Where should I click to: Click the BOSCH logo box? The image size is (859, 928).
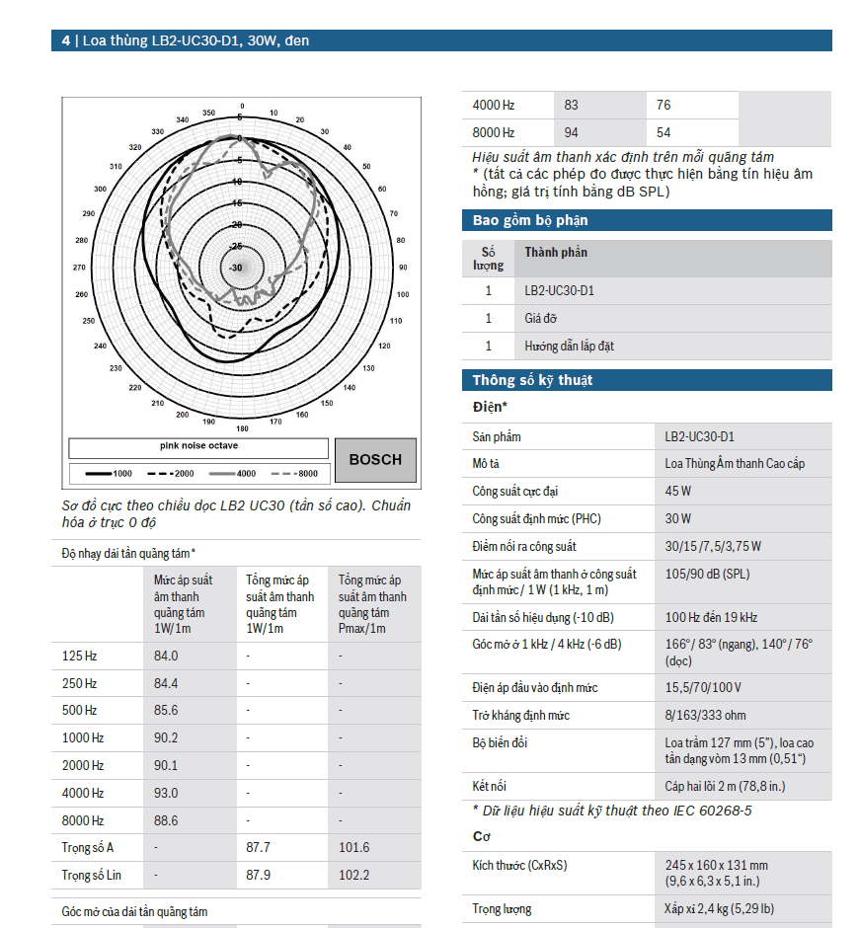(x=375, y=459)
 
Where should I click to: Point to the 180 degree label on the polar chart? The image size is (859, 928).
(x=242, y=428)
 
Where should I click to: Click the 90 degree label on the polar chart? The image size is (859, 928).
(x=402, y=267)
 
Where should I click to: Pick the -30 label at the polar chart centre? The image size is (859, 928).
(x=236, y=268)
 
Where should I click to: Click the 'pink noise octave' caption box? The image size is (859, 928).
(x=198, y=446)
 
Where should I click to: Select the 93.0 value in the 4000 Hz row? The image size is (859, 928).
(x=166, y=793)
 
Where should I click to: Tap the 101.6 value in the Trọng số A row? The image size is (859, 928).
(x=353, y=847)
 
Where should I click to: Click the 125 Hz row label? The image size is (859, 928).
(x=80, y=656)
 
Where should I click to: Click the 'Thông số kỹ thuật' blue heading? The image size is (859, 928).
(x=532, y=380)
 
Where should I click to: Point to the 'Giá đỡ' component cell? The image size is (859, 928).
(x=542, y=319)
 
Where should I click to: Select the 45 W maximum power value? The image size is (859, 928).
(x=678, y=491)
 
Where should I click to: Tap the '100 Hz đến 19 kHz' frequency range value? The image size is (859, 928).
(x=711, y=617)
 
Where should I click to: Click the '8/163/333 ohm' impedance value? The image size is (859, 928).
(x=705, y=715)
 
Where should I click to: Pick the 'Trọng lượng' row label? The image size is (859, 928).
(x=502, y=909)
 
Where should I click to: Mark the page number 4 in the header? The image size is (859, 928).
(x=65, y=40)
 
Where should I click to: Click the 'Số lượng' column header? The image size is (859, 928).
(x=488, y=259)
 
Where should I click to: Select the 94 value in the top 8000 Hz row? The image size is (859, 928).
(x=572, y=132)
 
